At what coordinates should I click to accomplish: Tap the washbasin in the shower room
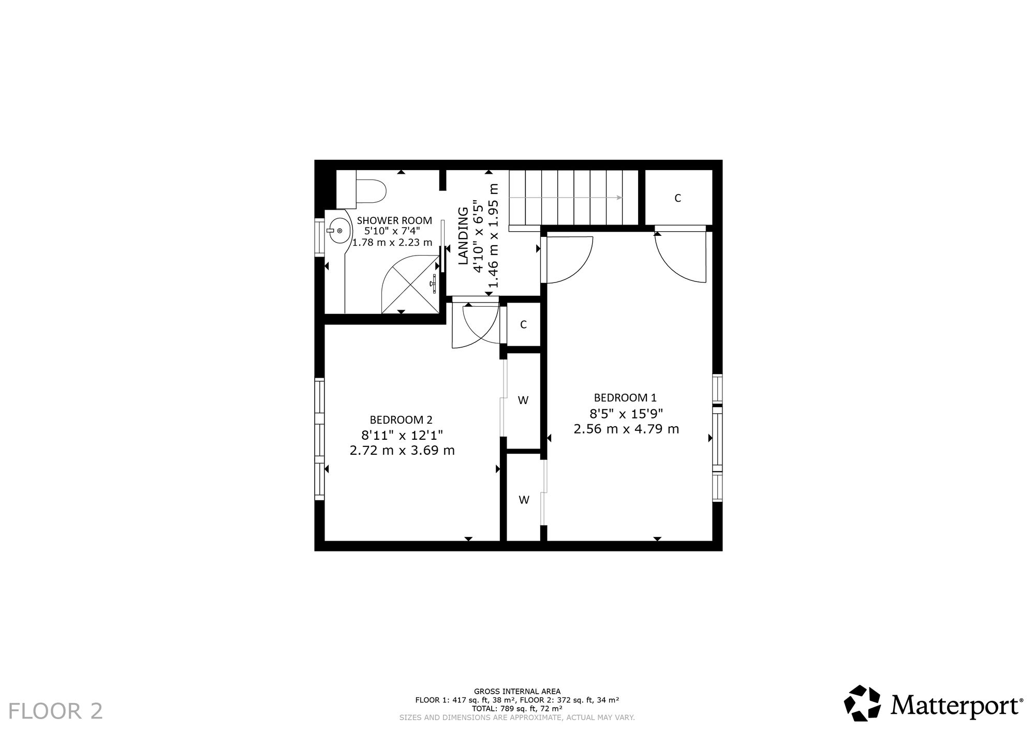338,231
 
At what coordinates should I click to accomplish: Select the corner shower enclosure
410,285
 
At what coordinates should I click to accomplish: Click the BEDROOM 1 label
625,398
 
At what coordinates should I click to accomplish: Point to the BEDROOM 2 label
401,420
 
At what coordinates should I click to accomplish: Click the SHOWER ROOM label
394,221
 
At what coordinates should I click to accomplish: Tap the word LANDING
464,236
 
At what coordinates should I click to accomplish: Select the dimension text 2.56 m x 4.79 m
626,429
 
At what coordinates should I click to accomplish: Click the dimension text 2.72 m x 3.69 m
402,451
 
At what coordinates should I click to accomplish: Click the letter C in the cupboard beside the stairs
677,198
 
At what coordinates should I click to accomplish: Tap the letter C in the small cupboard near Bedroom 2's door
523,325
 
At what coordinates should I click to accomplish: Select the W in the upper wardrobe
523,400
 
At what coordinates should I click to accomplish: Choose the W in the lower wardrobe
524,500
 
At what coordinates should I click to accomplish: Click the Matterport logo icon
863,703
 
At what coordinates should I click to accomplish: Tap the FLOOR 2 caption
56,711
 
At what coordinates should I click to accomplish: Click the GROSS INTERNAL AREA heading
517,691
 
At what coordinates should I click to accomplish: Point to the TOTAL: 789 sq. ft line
517,708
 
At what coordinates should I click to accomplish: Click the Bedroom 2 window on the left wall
319,439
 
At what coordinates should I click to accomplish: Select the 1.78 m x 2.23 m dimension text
392,242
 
